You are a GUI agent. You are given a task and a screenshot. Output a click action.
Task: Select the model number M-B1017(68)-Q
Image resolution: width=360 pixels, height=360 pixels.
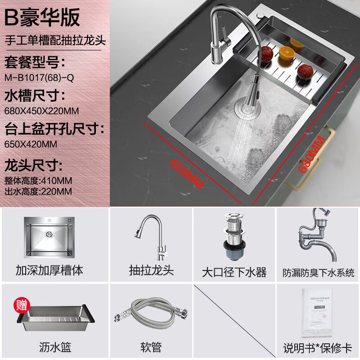pyautogui.click(x=39, y=77)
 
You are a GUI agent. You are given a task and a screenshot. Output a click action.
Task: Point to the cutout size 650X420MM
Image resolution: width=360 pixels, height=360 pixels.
pyautogui.click(x=31, y=144)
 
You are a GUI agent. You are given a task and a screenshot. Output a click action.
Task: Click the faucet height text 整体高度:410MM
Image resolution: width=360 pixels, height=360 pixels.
pyautogui.click(x=38, y=180)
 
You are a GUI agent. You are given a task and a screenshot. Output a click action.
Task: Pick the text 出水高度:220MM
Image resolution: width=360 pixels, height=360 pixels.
pyautogui.click(x=38, y=191)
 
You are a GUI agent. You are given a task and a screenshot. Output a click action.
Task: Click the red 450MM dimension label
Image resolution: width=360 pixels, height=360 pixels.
pyautogui.click(x=186, y=175)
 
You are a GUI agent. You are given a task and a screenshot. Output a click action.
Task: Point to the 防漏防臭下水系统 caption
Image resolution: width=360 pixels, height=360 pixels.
pyautogui.click(x=318, y=273)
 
